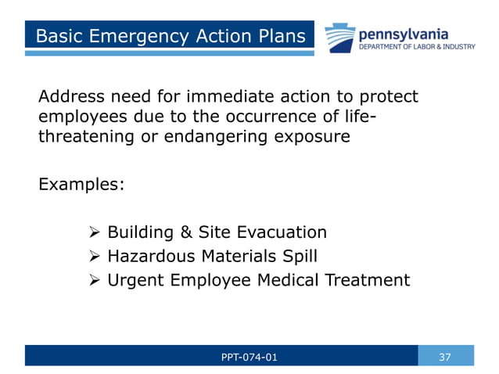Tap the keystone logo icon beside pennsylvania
(x=339, y=38)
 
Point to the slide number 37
(x=445, y=357)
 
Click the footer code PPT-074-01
(x=249, y=357)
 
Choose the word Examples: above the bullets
(x=81, y=185)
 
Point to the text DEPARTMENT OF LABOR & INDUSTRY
(x=416, y=48)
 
